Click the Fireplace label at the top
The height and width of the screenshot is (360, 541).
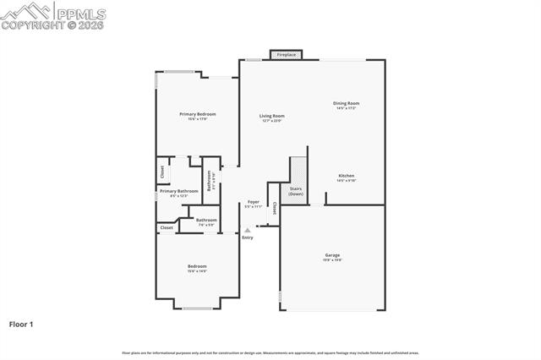[286, 55]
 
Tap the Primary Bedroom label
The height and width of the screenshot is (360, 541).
[197, 113]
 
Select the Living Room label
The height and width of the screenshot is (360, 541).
[271, 116]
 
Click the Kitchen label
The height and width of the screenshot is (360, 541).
[347, 176]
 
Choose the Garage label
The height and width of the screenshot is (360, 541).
[332, 254]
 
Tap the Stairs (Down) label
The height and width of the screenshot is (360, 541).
[296, 191]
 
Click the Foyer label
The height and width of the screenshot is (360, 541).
[253, 202]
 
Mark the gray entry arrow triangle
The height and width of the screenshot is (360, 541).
[247, 229]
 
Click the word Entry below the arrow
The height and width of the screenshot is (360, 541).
[247, 237]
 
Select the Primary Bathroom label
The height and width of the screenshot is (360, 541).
[178, 191]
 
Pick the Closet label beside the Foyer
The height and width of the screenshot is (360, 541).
[274, 208]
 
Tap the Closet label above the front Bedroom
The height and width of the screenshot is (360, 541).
[167, 227]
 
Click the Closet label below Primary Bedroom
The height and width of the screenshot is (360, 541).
[162, 172]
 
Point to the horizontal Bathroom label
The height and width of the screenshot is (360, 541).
[207, 220]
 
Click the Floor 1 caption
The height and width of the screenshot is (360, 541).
[21, 324]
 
